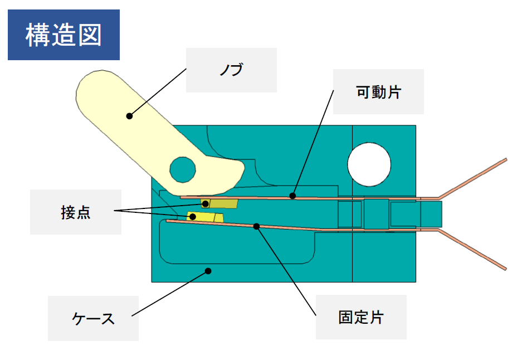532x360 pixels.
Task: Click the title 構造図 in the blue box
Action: click(x=64, y=35)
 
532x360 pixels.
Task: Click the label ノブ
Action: click(x=231, y=70)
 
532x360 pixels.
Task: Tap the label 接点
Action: click(x=76, y=212)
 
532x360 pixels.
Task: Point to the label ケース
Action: click(x=93, y=319)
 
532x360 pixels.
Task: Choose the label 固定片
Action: click(x=361, y=318)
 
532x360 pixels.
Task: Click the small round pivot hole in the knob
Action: click(x=183, y=169)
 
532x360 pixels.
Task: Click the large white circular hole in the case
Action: click(x=369, y=164)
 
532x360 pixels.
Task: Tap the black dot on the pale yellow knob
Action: click(x=129, y=116)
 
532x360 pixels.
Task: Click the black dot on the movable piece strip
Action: click(x=292, y=196)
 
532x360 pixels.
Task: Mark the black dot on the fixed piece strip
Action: click(x=256, y=226)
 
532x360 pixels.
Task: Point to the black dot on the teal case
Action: click(x=208, y=271)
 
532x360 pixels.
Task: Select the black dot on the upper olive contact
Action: click(x=205, y=203)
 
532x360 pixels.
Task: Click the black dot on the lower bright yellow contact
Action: click(x=193, y=216)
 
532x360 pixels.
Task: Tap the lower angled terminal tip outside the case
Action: click(x=504, y=268)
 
